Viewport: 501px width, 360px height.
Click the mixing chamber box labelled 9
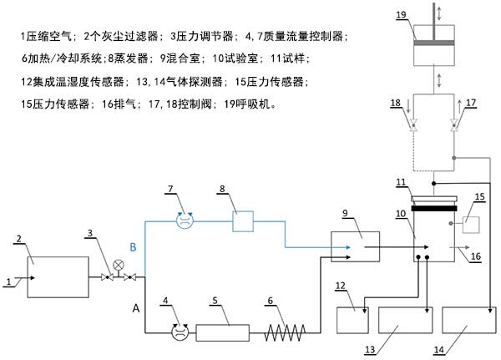pyautogui.click(x=355, y=248)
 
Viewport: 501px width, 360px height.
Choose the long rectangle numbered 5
pyautogui.click(x=223, y=332)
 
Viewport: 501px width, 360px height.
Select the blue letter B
pyautogui.click(x=132, y=247)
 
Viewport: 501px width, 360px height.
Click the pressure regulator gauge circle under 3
pyautogui.click(x=118, y=266)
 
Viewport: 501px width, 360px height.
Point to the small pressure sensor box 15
pyautogui.click(x=468, y=225)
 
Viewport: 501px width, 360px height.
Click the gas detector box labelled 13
pyautogui.click(x=405, y=322)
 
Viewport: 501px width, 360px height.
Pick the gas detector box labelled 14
pyautogui.click(x=468, y=322)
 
